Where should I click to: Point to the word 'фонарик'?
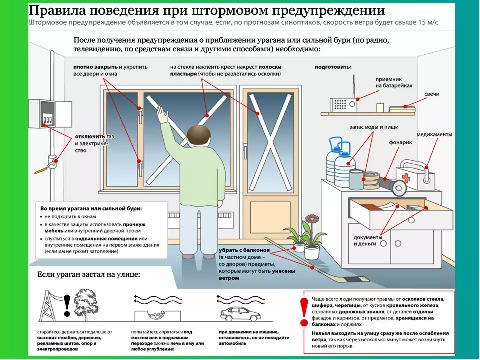[400, 142]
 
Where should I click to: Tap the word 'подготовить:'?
[333, 66]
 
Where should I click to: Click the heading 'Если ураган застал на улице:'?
[89, 275]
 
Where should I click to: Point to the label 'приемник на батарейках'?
[394, 82]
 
